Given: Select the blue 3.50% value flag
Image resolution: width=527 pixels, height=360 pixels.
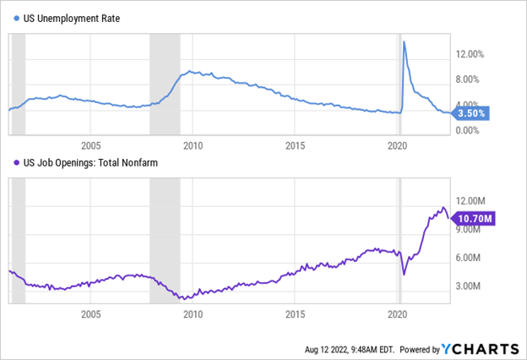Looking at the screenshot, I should (472, 112).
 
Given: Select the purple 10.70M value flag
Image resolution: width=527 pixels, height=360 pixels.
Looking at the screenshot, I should (474, 218).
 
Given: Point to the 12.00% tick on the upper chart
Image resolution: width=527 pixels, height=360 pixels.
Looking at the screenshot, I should (472, 54).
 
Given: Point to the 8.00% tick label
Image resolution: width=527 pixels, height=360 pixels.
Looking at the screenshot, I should (471, 79).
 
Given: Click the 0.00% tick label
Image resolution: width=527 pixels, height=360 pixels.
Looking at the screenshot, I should (471, 131).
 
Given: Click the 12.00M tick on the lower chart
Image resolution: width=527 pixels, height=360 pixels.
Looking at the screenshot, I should (471, 200).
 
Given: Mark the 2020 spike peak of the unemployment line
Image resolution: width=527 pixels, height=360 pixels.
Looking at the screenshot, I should (404, 41).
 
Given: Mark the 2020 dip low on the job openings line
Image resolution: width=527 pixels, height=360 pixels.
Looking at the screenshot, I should (404, 274).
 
